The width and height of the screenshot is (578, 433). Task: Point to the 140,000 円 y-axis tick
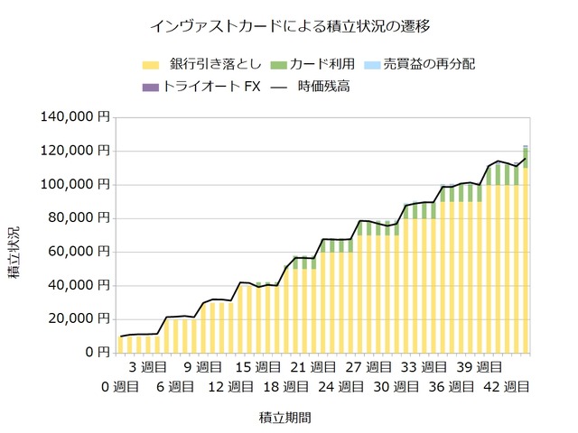point(76,117)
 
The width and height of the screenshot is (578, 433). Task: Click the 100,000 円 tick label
point(76,184)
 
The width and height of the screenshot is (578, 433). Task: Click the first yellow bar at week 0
point(121,344)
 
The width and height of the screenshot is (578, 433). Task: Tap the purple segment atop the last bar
point(526,146)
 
